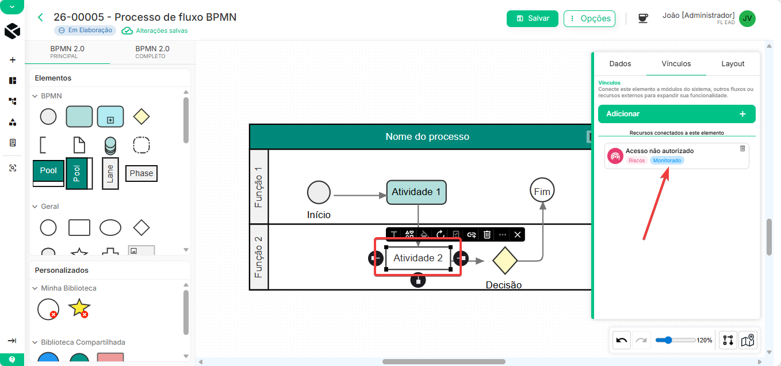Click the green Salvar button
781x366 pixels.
532,18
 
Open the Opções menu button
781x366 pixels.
589,18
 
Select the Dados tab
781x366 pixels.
620,64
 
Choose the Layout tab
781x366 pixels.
733,64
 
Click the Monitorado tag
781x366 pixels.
667,161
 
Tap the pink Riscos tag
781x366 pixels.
636,161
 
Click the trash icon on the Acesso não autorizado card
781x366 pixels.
742,148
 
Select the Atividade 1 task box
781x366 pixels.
416,192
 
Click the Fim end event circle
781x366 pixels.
542,190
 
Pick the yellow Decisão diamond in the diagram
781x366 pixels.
504,260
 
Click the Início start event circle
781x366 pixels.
319,192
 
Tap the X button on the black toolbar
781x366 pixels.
518,235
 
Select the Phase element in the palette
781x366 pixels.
141,173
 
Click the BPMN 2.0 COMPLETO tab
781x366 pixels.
152,52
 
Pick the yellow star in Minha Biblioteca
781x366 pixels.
79,307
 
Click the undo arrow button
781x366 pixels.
622,340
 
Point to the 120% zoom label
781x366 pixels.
704,340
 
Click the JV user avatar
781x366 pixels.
747,18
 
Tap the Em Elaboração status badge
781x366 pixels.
85,30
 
